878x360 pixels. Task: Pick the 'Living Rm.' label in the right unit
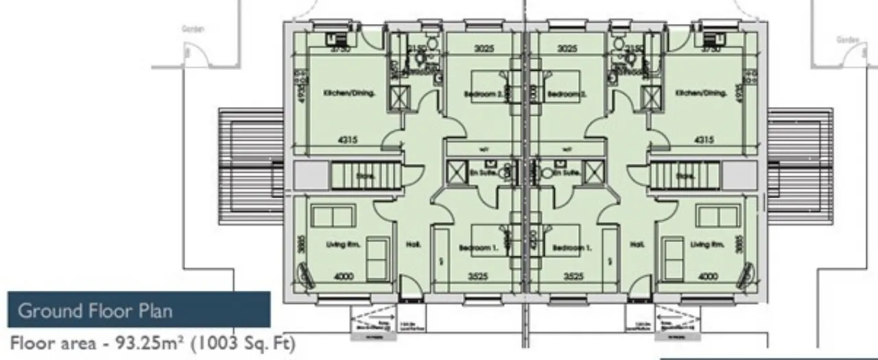707,244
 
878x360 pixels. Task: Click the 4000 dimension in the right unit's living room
707,277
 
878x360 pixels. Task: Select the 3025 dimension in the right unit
567,49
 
